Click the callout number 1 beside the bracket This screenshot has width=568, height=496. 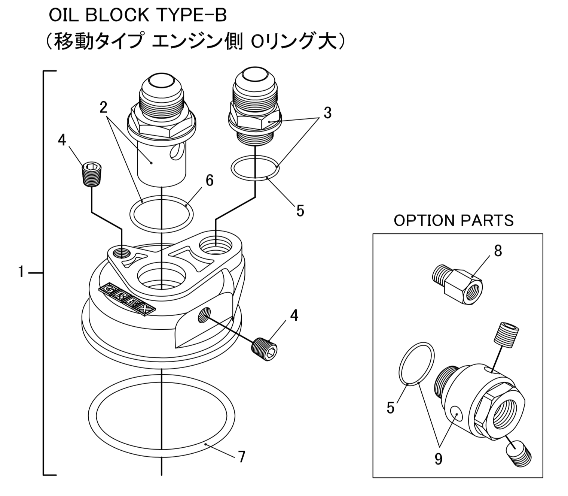click(x=21, y=272)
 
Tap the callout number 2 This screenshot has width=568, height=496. click(x=104, y=108)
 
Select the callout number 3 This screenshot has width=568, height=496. click(x=327, y=113)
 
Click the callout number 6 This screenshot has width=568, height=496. click(x=210, y=181)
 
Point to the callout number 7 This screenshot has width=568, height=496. click(x=242, y=457)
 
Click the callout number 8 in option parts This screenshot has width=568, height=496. click(x=498, y=251)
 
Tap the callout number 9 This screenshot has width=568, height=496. click(x=439, y=459)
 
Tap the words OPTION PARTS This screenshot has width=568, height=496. click(x=454, y=221)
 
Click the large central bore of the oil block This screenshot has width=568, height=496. click(x=161, y=278)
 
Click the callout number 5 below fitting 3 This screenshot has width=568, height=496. click(x=300, y=211)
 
